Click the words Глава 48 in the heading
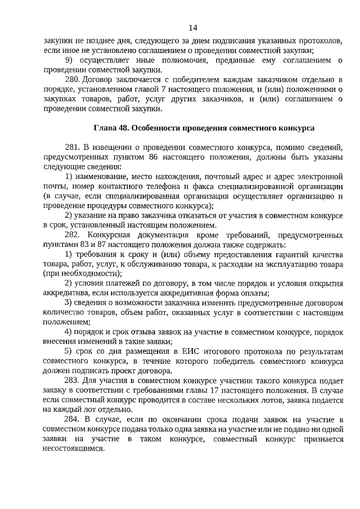point(111,128)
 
